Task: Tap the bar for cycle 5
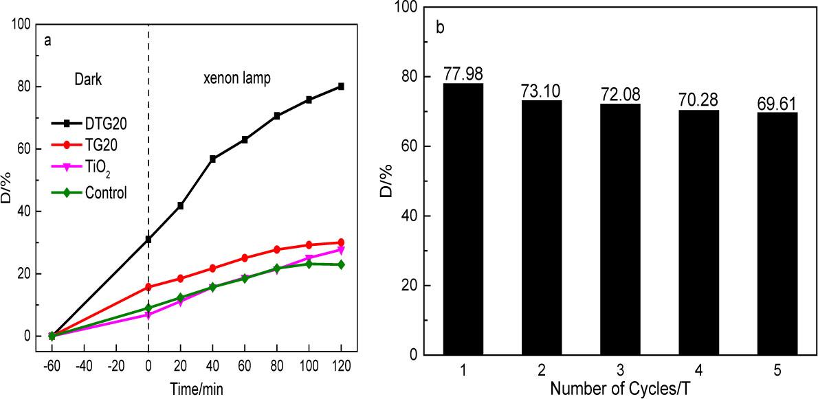coord(777,233)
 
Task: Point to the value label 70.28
coord(698,100)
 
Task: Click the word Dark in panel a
coord(88,79)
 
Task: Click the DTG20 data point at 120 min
coord(341,87)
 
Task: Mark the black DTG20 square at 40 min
coord(213,159)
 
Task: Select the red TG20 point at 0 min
coord(148,287)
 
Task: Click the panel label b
coord(440,29)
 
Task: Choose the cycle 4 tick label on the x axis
coord(698,371)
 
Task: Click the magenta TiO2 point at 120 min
coord(341,250)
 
